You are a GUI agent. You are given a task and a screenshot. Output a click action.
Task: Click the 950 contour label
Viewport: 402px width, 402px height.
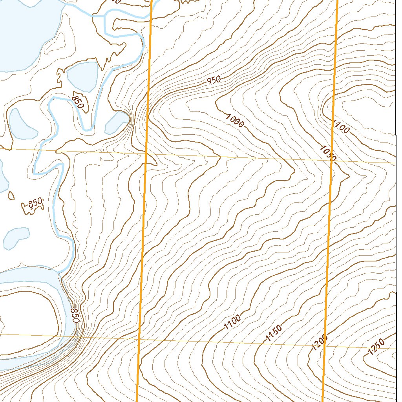click(214, 80)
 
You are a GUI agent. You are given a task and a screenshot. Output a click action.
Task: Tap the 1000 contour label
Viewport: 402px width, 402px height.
click(235, 120)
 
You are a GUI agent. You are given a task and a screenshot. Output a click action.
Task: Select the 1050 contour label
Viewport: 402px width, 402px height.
click(328, 153)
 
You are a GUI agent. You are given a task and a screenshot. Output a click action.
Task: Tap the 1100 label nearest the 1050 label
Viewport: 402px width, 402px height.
click(340, 127)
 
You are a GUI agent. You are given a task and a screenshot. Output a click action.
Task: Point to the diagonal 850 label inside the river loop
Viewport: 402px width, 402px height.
click(78, 101)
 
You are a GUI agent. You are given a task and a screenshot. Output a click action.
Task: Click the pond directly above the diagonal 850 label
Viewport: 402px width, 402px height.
click(82, 76)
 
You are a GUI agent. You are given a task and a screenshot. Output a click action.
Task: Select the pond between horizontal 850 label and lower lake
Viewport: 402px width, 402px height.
click(17, 238)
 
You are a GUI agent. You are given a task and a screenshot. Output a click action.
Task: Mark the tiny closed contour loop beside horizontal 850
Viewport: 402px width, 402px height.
click(11, 195)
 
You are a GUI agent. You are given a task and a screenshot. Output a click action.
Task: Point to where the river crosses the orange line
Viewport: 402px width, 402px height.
click(152, 10)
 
